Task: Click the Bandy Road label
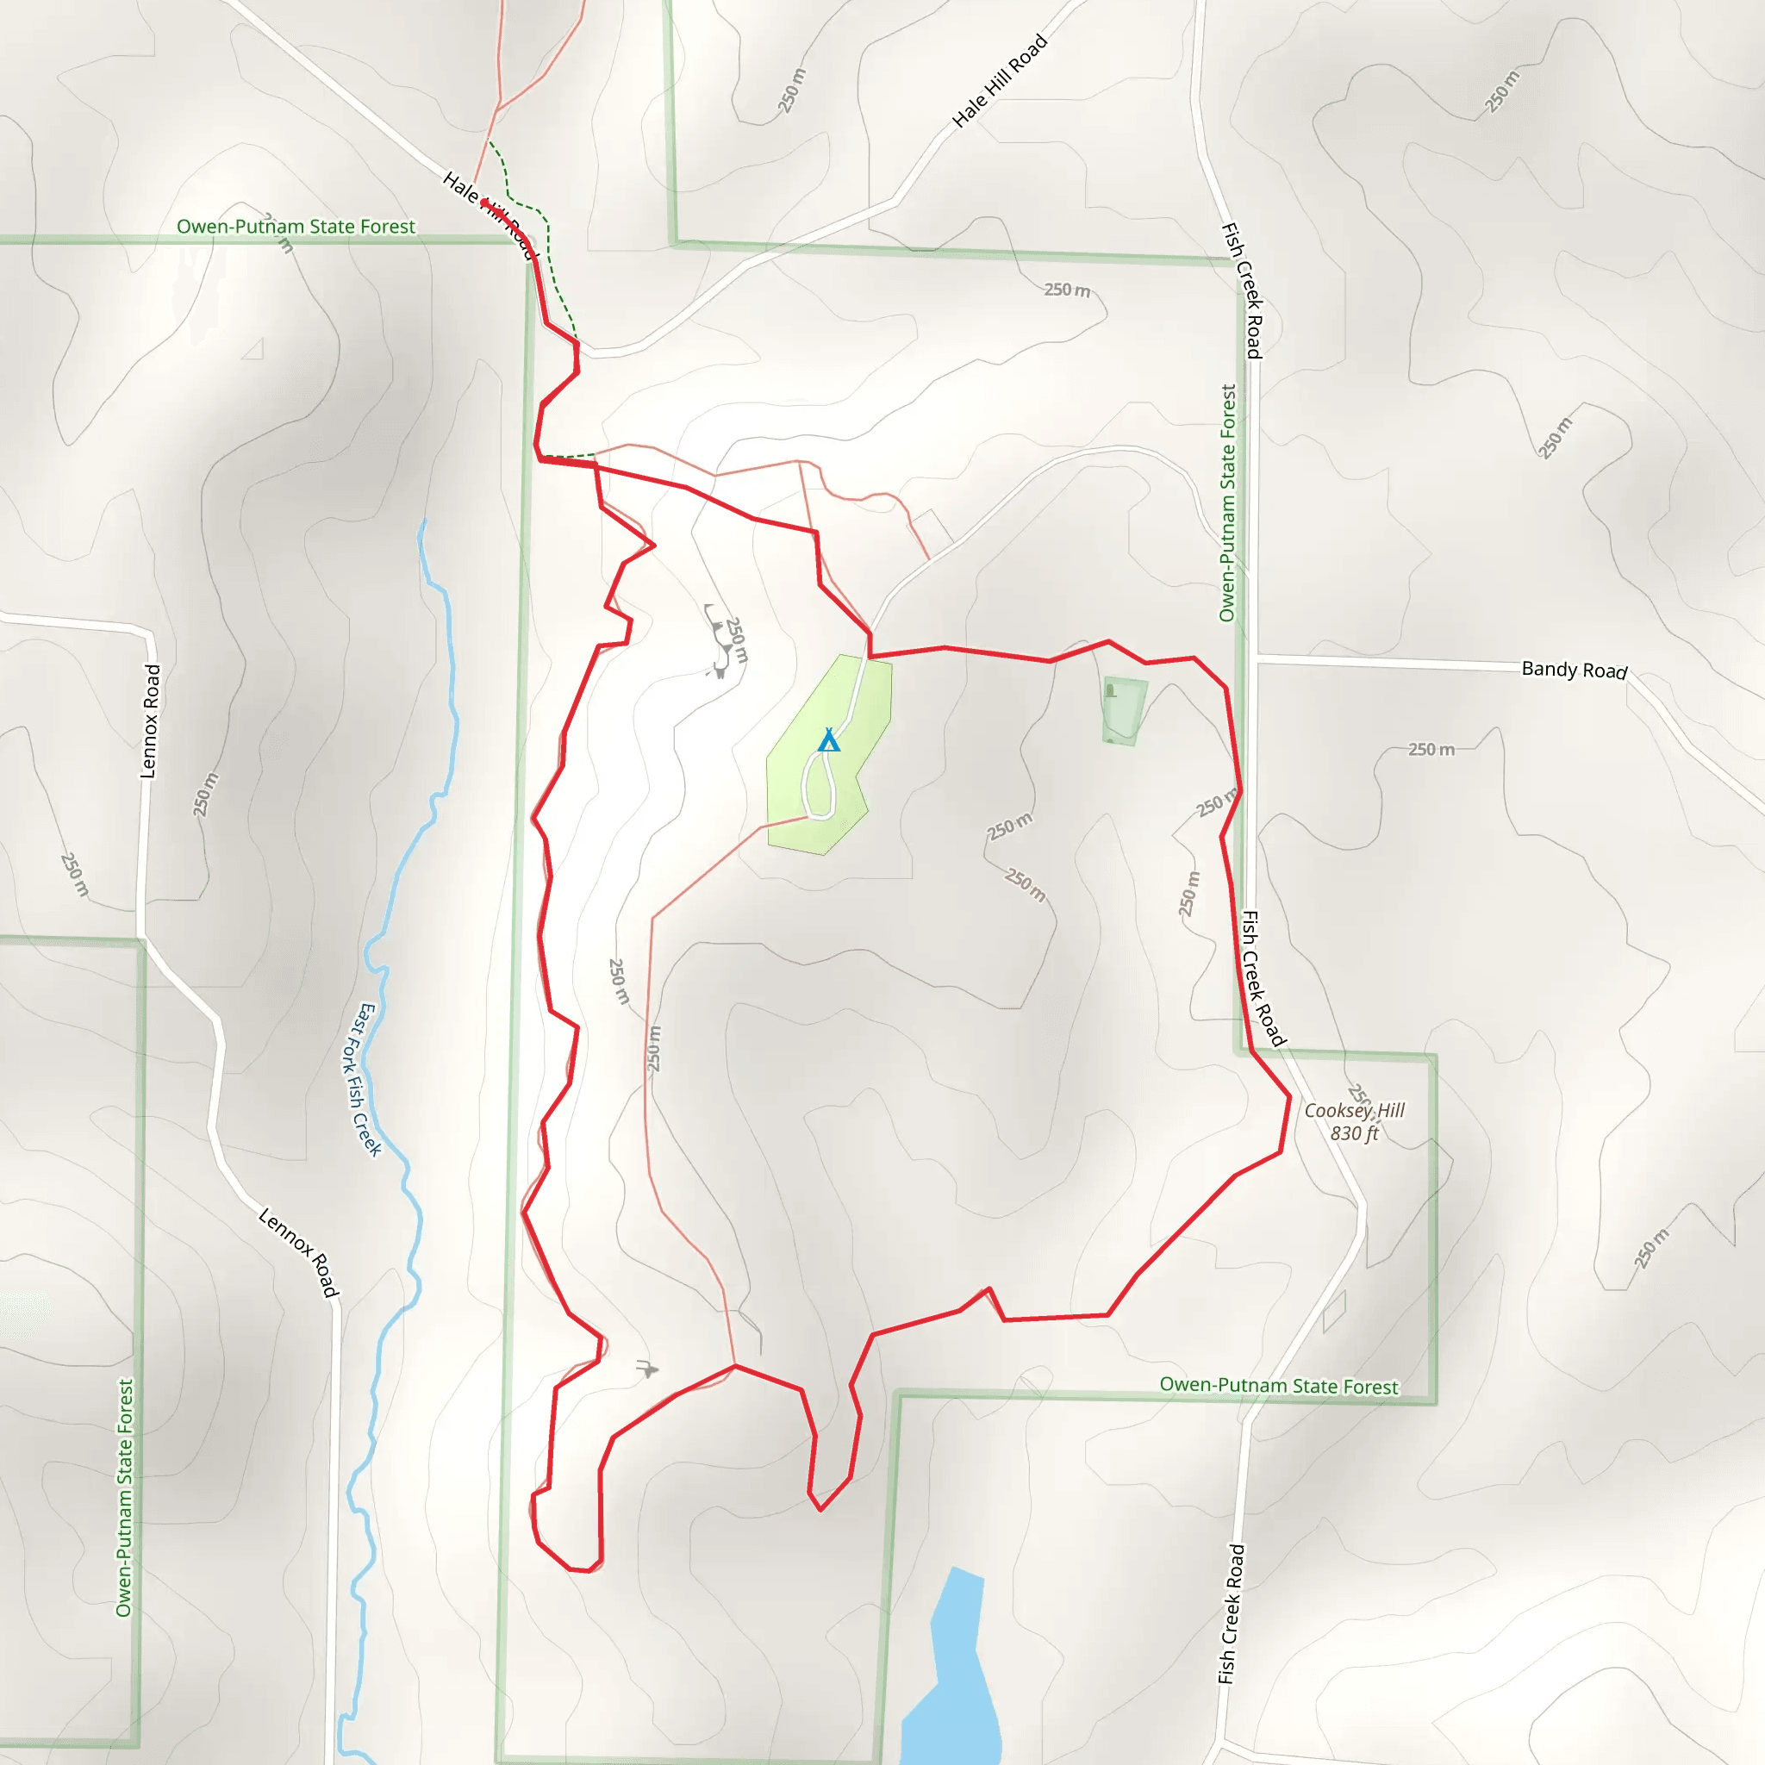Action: point(1574,670)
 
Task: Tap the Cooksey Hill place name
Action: point(1354,1110)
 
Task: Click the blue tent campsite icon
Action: point(828,740)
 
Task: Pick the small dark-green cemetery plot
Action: point(1124,711)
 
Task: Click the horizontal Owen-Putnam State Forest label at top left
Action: point(295,227)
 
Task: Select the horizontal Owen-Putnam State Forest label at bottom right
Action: point(1278,1386)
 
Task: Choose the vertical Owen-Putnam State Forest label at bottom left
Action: point(124,1498)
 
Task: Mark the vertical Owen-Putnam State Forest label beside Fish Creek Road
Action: point(1228,502)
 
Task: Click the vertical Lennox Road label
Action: point(151,721)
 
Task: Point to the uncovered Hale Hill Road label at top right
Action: point(1000,80)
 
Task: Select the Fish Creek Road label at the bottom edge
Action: point(1232,1614)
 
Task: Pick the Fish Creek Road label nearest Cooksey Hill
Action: point(1263,977)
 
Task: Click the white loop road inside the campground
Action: point(820,786)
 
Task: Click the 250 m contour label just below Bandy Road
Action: point(1431,750)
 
